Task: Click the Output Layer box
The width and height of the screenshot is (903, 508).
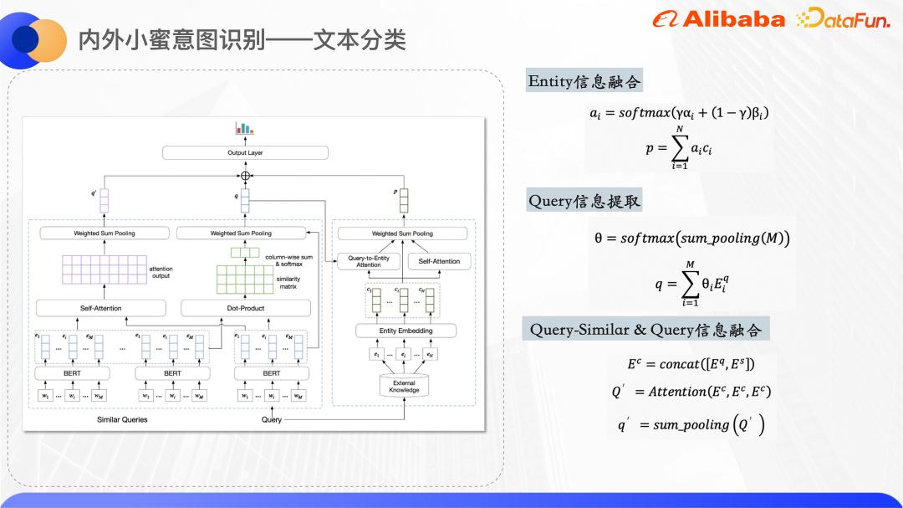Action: (x=245, y=153)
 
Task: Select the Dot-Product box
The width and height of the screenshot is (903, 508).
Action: (x=246, y=308)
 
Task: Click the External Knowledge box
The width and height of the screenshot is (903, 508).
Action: (x=404, y=386)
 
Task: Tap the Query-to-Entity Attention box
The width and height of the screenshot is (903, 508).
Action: (x=368, y=261)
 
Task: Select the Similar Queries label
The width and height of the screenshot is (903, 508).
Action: (x=122, y=419)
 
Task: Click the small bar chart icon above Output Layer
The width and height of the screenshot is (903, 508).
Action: (x=244, y=128)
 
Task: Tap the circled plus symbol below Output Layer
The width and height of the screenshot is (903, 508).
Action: (x=245, y=176)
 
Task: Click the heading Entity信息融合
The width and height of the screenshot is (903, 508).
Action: (x=584, y=81)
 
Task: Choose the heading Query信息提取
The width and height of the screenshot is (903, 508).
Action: (x=584, y=201)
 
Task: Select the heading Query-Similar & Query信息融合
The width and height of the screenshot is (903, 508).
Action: (x=645, y=329)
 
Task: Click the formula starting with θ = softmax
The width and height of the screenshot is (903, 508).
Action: (x=691, y=239)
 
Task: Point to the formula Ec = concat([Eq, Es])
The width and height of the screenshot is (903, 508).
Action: (x=691, y=364)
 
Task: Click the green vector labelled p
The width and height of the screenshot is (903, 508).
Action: (x=404, y=201)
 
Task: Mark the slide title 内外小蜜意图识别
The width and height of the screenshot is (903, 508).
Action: (x=242, y=39)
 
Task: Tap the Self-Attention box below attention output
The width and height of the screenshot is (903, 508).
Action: (x=101, y=308)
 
